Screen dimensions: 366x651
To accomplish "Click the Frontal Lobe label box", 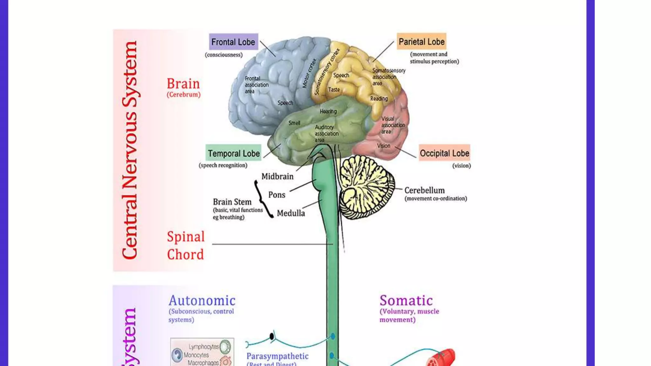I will pyautogui.click(x=233, y=42).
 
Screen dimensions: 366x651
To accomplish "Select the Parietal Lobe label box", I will pyautogui.click(x=421, y=42).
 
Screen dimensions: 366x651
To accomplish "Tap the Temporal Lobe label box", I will pyautogui.click(x=234, y=153).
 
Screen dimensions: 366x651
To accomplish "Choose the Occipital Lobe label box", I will pyautogui.click(x=444, y=153).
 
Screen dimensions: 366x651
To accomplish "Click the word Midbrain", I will pyautogui.click(x=277, y=177).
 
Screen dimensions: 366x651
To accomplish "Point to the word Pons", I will pyautogui.click(x=277, y=195).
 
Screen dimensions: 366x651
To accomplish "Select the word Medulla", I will pyautogui.click(x=291, y=213).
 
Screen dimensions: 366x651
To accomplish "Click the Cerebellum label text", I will pyautogui.click(x=424, y=190).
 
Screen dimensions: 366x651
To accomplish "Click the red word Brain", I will pyautogui.click(x=183, y=84).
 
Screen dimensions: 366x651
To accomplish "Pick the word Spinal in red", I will pyautogui.click(x=186, y=237).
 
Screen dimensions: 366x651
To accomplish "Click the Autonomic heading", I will pyautogui.click(x=202, y=301).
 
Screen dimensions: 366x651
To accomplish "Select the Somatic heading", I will pyautogui.click(x=406, y=301).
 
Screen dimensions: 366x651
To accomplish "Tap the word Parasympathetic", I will pyautogui.click(x=277, y=356).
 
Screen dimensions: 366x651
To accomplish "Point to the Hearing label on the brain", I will pyautogui.click(x=328, y=112).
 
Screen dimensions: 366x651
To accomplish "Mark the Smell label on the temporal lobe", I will pyautogui.click(x=294, y=123).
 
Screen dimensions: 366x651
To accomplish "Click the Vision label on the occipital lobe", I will pyautogui.click(x=383, y=146).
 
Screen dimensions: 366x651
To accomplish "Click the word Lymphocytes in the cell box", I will pyautogui.click(x=203, y=347).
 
